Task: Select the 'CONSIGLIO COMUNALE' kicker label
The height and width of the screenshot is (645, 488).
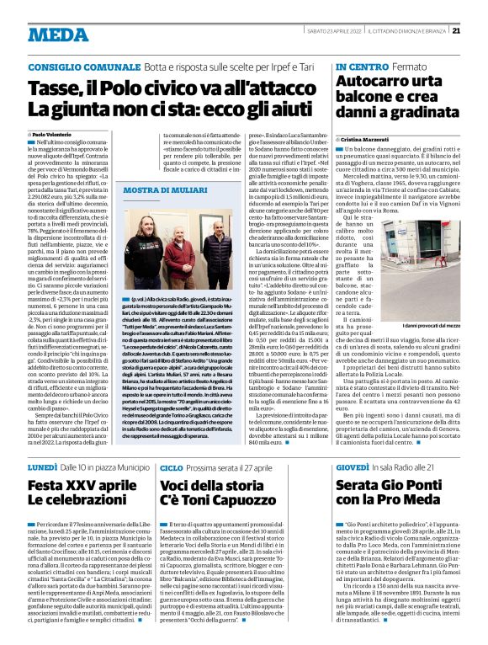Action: tap(72, 66)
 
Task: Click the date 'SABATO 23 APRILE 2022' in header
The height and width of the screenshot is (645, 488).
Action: tap(332, 33)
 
